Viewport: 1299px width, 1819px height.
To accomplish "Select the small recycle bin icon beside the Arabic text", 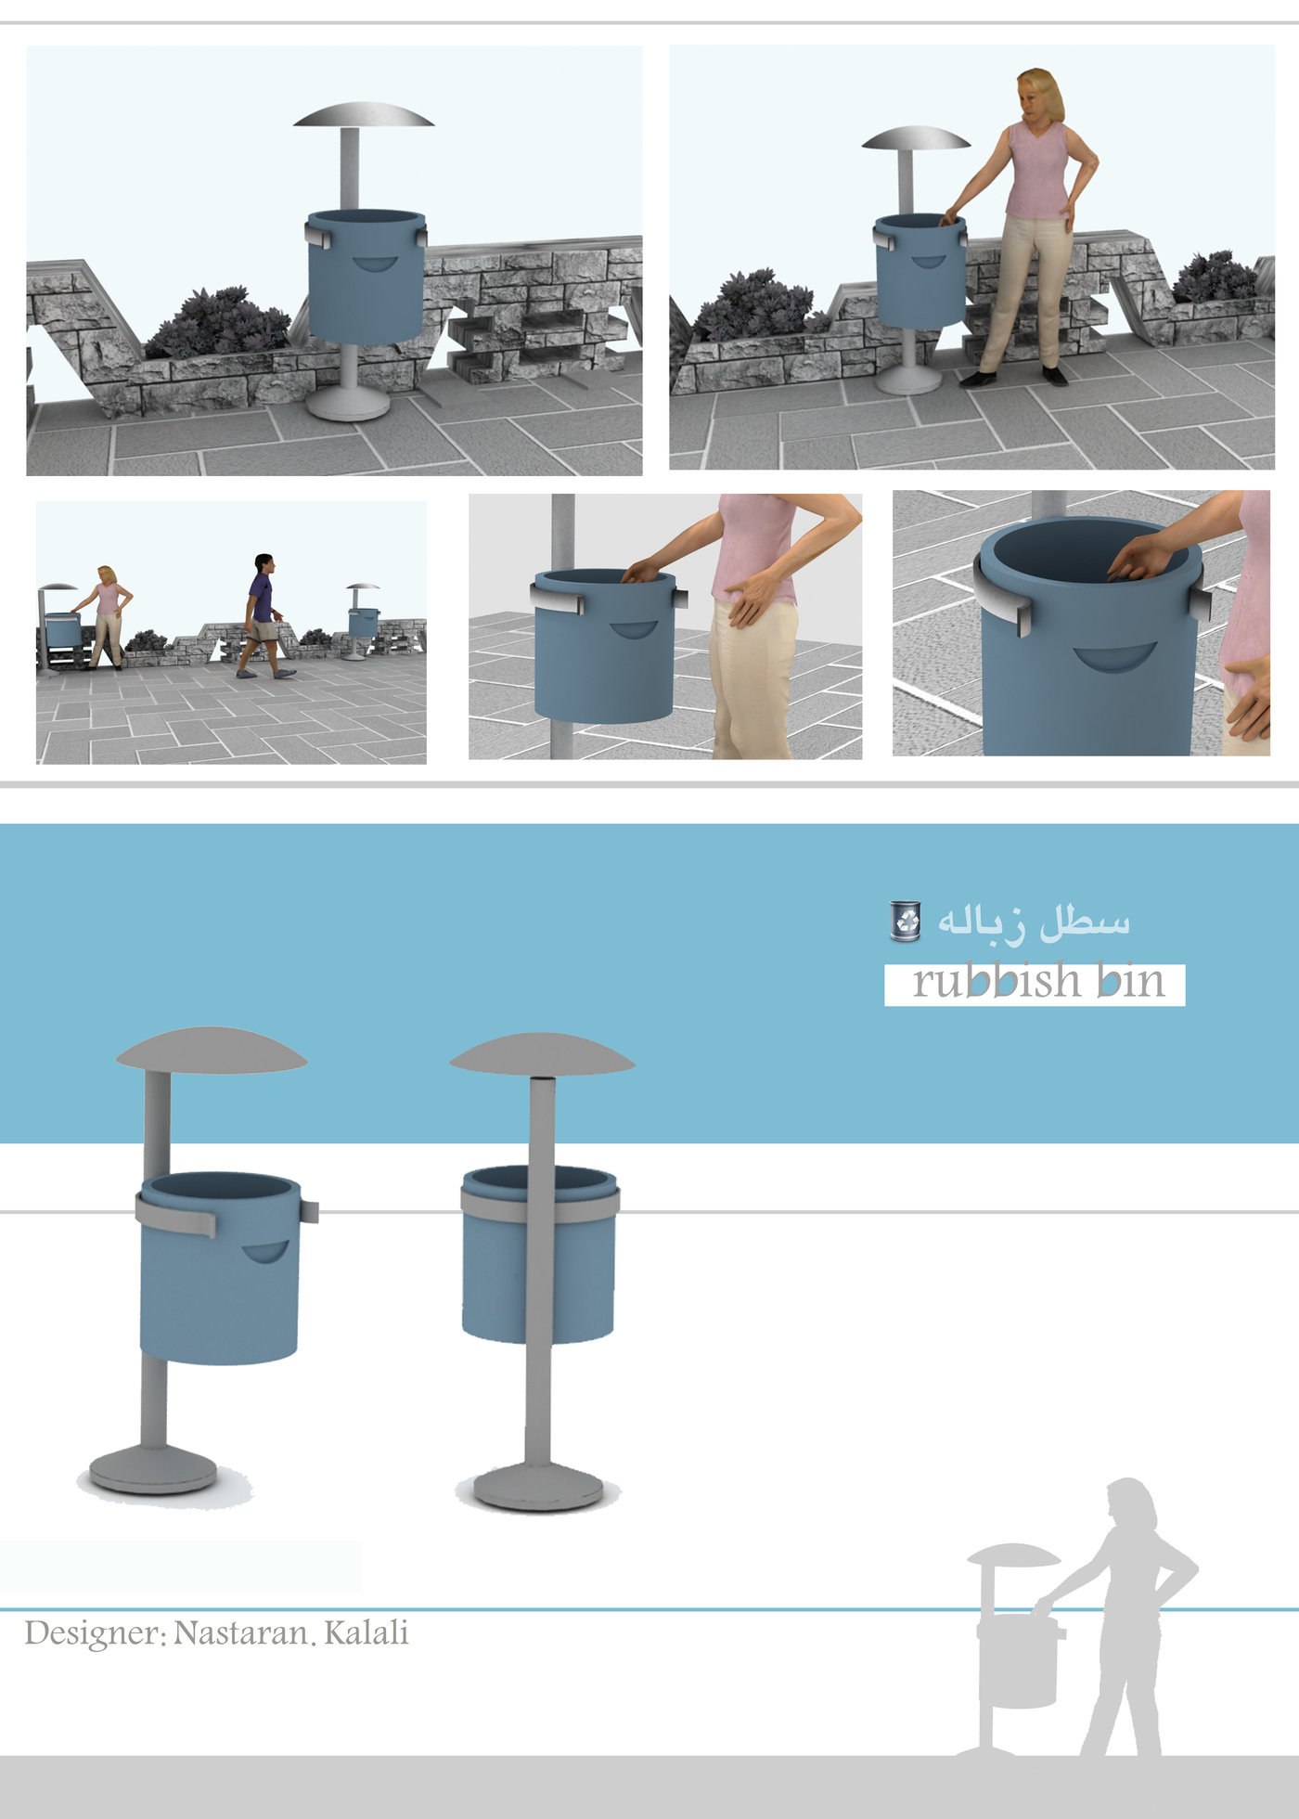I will point(905,921).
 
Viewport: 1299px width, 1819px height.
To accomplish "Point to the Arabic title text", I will point(1033,921).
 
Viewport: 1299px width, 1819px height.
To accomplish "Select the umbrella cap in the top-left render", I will point(364,115).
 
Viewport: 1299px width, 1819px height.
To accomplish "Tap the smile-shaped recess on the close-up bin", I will point(1114,656).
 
